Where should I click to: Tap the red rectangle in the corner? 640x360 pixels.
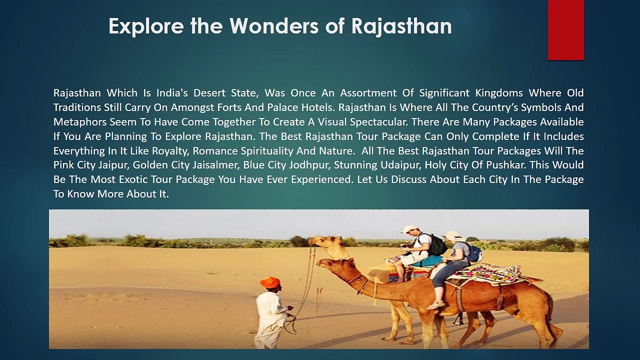click(565, 30)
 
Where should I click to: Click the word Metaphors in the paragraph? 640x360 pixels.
click(76, 122)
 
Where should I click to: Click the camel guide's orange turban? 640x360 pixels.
click(270, 282)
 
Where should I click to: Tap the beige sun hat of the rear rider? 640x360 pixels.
click(452, 235)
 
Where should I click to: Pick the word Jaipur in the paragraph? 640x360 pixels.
click(113, 165)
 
